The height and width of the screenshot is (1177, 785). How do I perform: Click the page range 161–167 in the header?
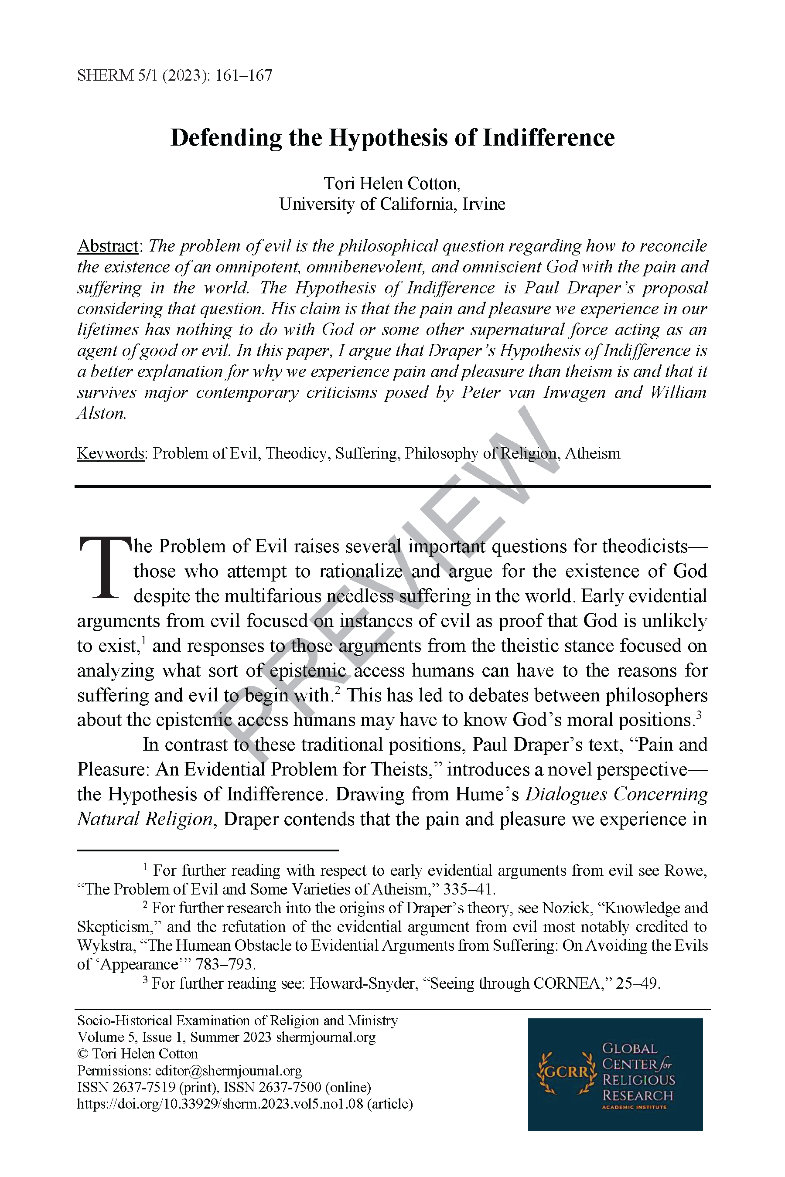click(244, 75)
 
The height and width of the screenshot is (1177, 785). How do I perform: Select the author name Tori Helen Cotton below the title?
click(392, 184)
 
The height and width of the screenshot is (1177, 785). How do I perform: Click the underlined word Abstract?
click(108, 246)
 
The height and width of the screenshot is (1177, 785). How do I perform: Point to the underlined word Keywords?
click(111, 453)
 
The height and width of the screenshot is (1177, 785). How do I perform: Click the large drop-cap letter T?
click(105, 568)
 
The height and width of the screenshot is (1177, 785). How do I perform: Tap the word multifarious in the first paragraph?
click(273, 596)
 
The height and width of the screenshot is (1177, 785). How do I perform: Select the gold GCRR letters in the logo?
click(567, 1072)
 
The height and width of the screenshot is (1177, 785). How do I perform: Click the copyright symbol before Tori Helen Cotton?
click(82, 1054)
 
